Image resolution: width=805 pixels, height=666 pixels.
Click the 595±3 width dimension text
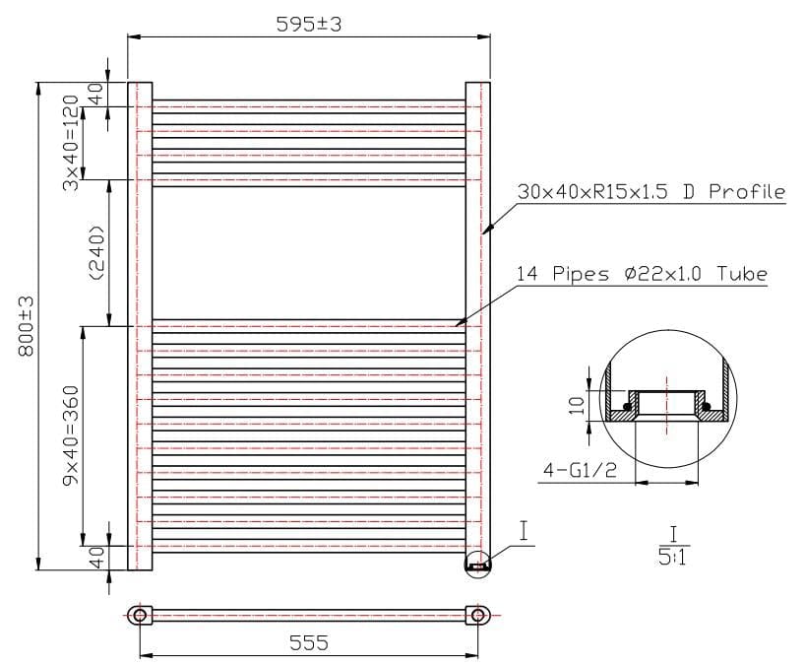[308, 26]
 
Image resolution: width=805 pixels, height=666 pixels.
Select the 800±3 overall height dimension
[27, 326]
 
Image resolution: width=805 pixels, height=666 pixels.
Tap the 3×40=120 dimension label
[70, 145]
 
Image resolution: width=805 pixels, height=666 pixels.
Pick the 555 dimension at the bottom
[308, 642]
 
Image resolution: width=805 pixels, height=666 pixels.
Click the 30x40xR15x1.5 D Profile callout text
[650, 192]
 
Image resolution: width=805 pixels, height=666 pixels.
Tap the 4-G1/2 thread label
[579, 471]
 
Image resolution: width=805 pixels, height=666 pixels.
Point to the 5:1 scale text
[672, 559]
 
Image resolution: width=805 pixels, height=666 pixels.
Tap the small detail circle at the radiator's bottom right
[477, 566]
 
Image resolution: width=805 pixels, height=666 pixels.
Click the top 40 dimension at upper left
[95, 95]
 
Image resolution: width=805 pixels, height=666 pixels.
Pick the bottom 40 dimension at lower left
[95, 558]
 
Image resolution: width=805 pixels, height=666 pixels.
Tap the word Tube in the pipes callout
[744, 274]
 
